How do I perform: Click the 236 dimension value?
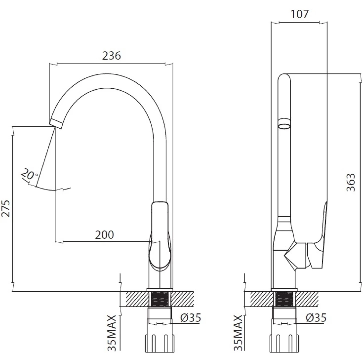pyautogui.click(x=111, y=56)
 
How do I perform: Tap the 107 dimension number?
pyautogui.click(x=300, y=14)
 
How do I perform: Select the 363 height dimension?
pyautogui.click(x=351, y=182)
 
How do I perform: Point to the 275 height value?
pyautogui.click(x=5, y=209)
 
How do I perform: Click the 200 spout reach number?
pyautogui.click(x=104, y=235)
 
